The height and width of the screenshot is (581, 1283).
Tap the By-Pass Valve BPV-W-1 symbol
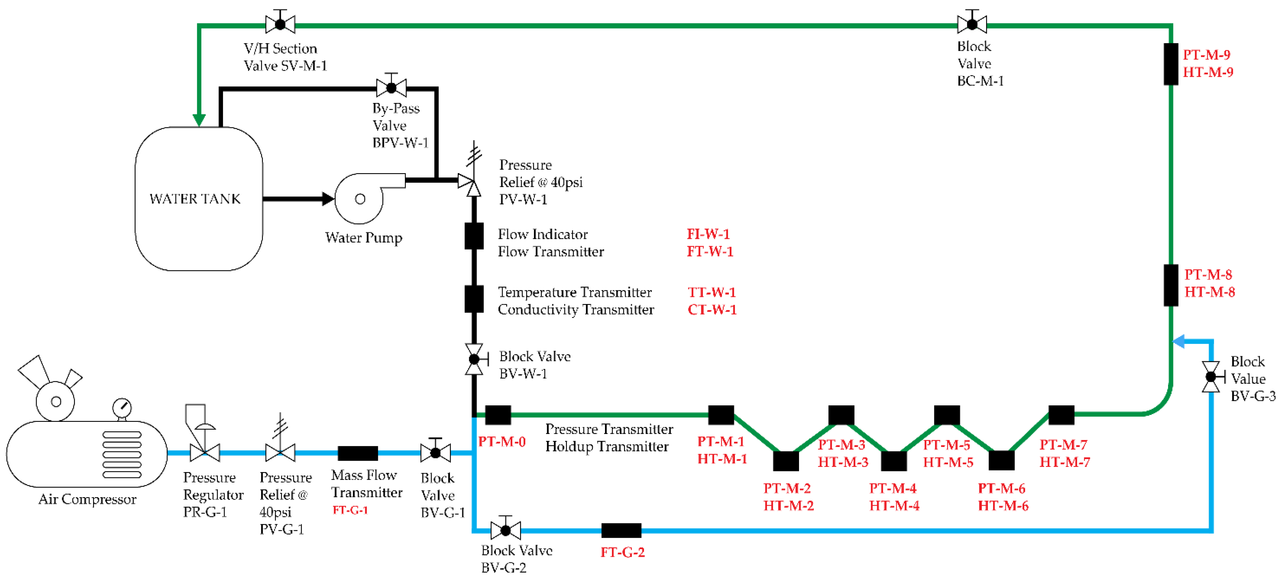tap(392, 88)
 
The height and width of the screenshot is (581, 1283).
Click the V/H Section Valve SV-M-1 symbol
tap(280, 24)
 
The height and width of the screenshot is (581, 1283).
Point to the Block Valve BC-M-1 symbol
tap(972, 24)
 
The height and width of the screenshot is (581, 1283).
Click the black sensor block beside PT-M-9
tap(1171, 64)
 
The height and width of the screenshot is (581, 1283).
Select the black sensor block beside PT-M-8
tap(1171, 285)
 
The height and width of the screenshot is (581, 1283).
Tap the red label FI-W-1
tap(708, 234)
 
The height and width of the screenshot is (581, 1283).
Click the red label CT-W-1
tap(712, 309)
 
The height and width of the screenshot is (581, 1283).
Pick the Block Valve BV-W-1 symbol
tap(474, 359)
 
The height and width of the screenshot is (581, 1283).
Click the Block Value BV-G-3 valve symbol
tap(1211, 377)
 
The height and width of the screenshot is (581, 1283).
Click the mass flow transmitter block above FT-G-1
tap(358, 453)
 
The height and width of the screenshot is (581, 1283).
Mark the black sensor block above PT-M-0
tap(498, 415)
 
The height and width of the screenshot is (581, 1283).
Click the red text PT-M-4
tap(892, 488)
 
